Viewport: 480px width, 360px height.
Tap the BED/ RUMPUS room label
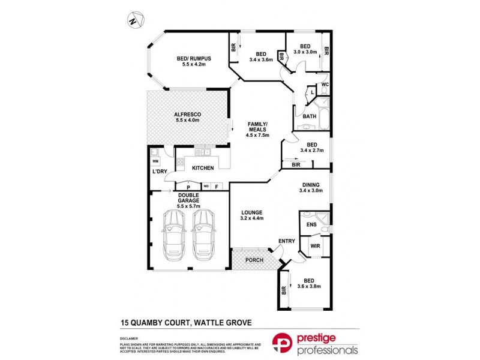coord(191,59)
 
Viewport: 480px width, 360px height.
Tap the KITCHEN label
coord(203,168)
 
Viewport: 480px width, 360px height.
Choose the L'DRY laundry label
coord(160,172)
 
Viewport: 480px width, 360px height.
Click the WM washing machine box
coord(155,161)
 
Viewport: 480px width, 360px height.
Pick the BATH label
coord(309,116)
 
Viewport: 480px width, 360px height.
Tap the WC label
coord(324,84)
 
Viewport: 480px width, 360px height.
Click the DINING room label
coord(311,185)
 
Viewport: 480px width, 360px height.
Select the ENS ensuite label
coord(311,224)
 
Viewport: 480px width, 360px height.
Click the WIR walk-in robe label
coord(314,245)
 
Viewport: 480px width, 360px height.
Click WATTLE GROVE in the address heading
coord(221,322)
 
